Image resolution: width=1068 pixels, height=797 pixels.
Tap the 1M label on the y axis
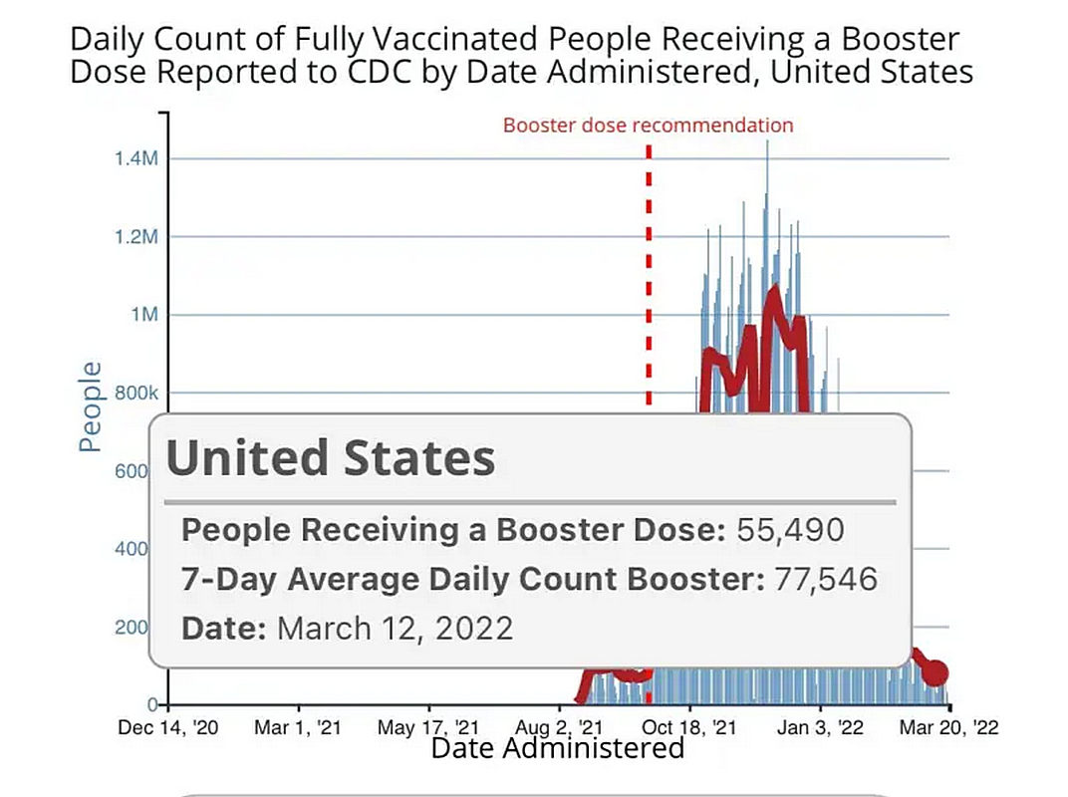145,315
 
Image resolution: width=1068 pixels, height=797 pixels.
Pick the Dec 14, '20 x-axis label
168,727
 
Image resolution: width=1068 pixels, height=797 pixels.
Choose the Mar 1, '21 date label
298,727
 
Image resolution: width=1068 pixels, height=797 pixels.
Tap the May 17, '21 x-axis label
429,727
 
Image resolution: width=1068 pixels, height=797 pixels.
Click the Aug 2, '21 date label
561,727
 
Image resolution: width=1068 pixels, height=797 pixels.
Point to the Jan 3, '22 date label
822,727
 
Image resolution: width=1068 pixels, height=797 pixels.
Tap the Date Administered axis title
557,748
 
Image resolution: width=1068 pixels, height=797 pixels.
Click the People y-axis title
91,406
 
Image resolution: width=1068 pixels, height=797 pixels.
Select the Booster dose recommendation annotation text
648,126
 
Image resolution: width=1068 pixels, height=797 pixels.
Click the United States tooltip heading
330,458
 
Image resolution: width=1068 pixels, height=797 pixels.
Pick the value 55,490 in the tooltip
790,530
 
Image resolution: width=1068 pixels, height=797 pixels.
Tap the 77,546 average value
824,580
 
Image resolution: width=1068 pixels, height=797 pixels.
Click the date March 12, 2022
395,629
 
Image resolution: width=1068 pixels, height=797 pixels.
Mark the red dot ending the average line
934,673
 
